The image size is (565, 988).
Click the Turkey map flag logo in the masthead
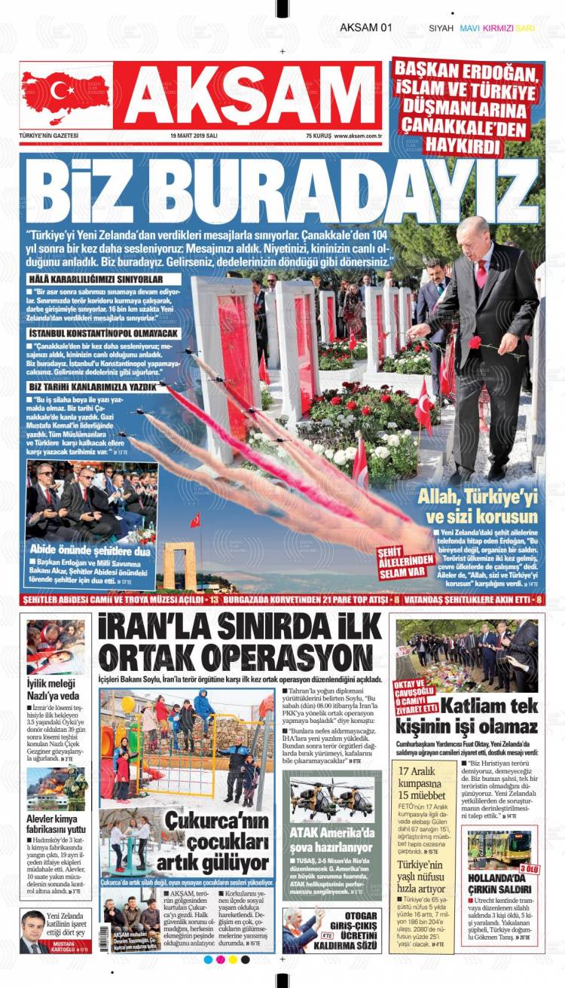[x=66, y=95]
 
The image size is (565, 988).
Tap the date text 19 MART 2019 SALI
[x=194, y=136]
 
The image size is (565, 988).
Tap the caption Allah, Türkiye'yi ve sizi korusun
[x=481, y=505]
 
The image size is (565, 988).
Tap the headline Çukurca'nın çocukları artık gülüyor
[x=218, y=842]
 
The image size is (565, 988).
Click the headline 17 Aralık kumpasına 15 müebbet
[x=424, y=784]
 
